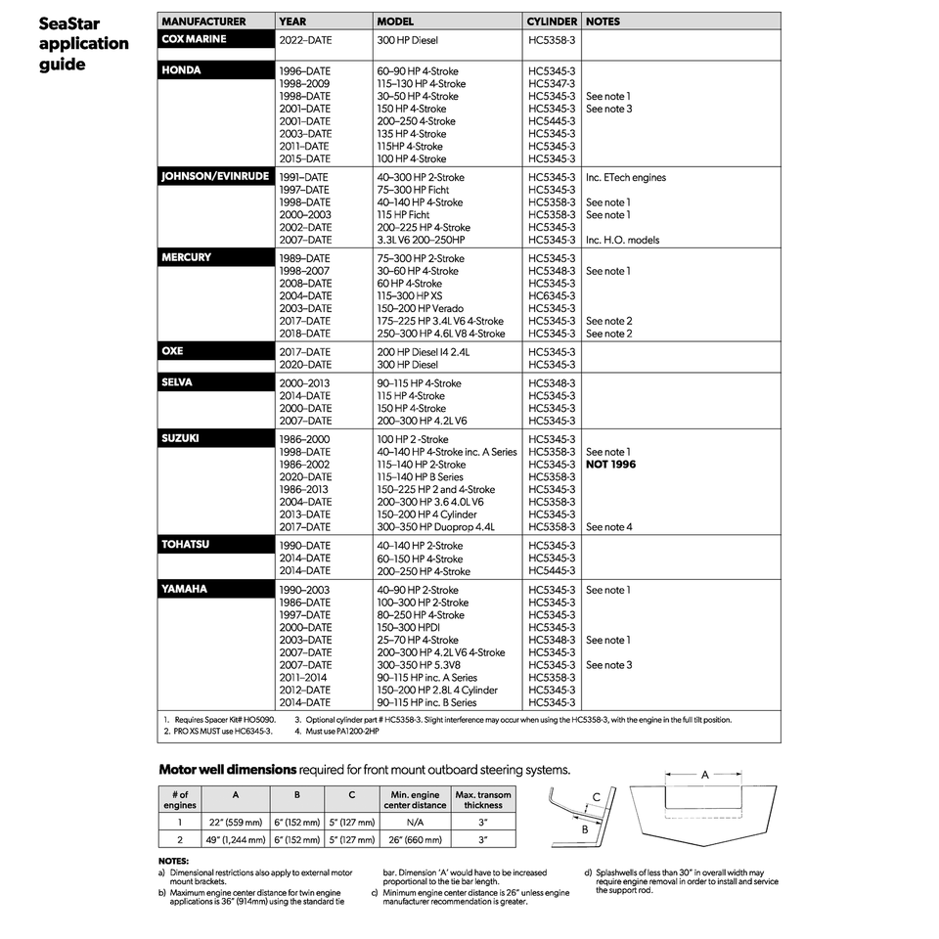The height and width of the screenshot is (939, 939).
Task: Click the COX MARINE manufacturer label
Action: pos(194,39)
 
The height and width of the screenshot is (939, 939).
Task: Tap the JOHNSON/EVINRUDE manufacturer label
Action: pos(214,177)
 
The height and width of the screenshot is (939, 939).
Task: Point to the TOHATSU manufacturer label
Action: pos(185,544)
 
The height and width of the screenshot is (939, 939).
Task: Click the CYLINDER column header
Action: pos(552,21)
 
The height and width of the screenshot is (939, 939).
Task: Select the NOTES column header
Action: pos(603,21)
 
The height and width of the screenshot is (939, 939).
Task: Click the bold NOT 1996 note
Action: pos(610,465)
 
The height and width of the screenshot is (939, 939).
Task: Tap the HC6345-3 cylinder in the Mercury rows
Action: pos(552,295)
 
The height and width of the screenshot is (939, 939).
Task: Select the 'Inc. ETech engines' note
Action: pos(625,178)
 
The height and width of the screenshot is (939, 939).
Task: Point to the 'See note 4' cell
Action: pos(608,527)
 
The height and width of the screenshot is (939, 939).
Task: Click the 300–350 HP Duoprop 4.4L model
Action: pos(436,527)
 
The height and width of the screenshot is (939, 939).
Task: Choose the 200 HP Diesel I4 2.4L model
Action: pos(424,351)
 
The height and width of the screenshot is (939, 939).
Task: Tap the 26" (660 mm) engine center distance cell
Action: pos(415,839)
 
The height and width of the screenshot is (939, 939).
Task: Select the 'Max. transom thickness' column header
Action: pos(483,800)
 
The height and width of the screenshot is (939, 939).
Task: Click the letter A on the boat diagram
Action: pos(704,774)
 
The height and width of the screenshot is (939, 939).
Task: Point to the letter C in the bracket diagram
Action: pos(596,797)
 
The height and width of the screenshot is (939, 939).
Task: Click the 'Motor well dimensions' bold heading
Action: pos(227,770)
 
